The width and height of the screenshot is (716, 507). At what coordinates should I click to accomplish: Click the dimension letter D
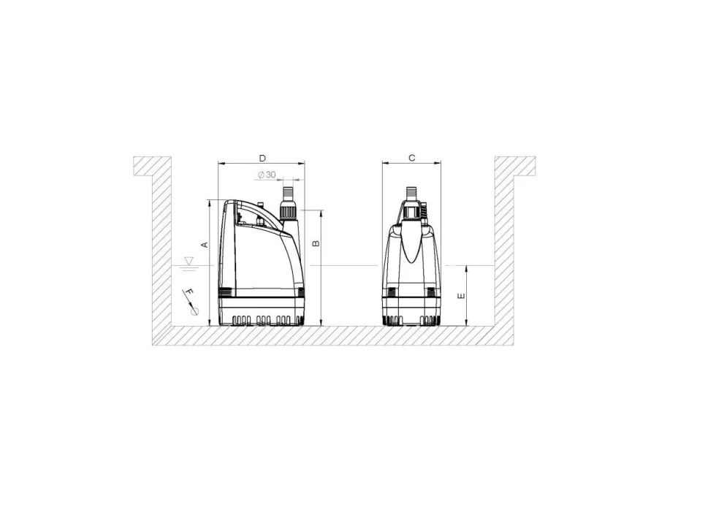click(262, 158)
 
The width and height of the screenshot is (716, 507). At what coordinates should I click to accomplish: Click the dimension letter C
click(412, 158)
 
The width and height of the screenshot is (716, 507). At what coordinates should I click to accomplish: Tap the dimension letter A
click(205, 245)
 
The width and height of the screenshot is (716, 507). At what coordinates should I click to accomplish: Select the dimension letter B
click(316, 243)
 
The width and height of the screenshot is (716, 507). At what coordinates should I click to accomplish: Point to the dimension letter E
click(462, 297)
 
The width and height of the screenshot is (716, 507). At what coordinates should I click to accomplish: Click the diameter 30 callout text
click(267, 175)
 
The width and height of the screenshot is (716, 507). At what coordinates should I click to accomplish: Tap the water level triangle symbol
click(189, 261)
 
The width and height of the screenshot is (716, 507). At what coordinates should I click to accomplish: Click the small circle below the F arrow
click(195, 311)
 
